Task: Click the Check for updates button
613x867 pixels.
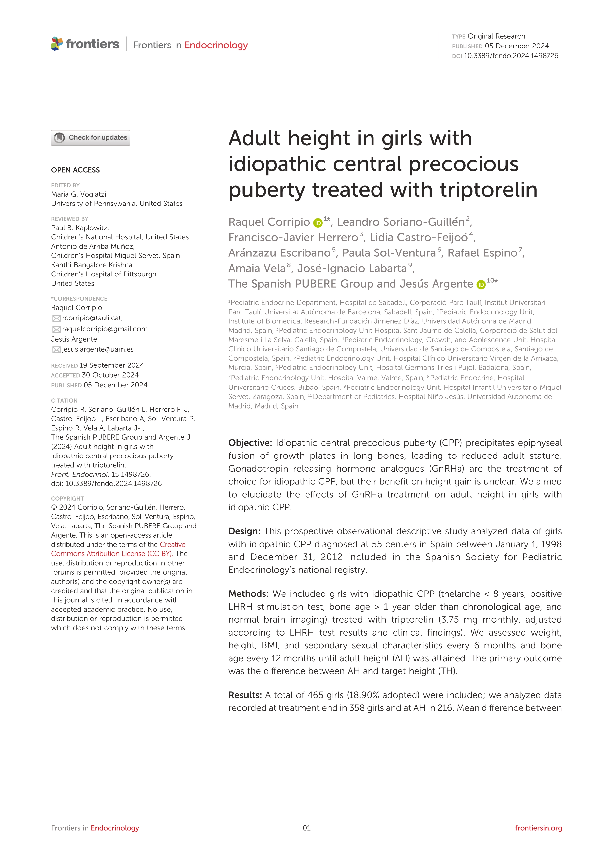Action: click(x=90, y=138)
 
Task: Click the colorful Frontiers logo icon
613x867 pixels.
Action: click(x=57, y=44)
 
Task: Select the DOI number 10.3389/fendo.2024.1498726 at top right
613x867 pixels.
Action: click(x=510, y=56)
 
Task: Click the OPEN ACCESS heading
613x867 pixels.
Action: click(x=75, y=170)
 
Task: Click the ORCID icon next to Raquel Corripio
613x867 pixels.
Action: click(x=318, y=223)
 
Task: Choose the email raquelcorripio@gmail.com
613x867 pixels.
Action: click(x=105, y=329)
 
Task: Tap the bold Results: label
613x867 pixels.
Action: click(x=245, y=695)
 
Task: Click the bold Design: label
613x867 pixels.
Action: click(x=244, y=531)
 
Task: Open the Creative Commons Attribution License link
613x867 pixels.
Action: click(x=118, y=549)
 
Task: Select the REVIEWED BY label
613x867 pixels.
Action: click(x=69, y=219)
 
